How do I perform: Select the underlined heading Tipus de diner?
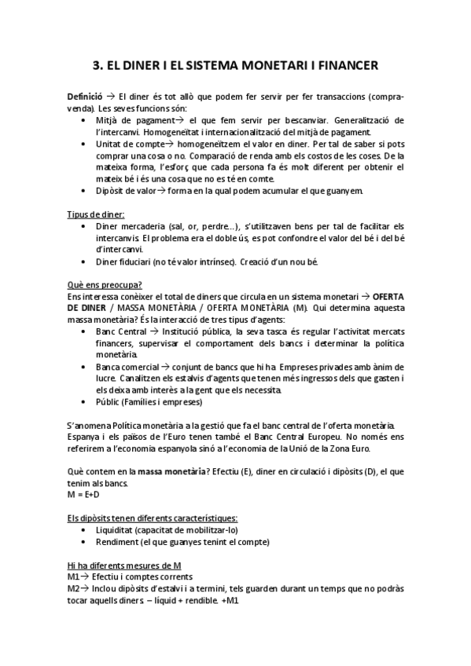pyautogui.click(x=98, y=214)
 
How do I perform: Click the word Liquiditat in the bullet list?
pyautogui.click(x=118, y=530)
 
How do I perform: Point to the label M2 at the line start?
pyautogui.click(x=73, y=588)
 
